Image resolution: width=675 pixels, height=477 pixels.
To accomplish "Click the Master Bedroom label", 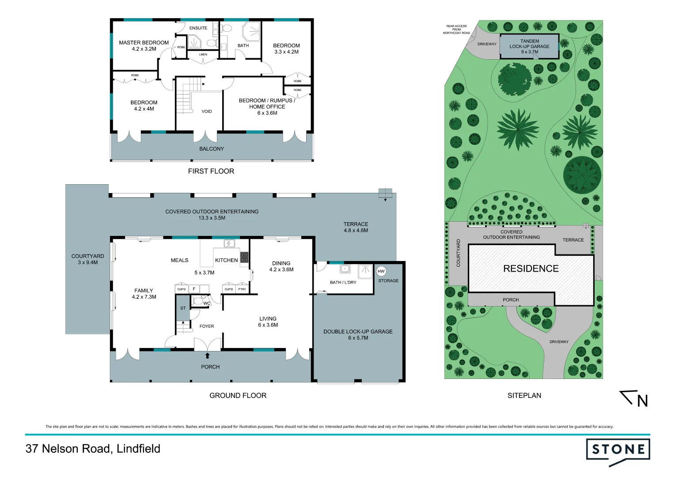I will tap(144, 46).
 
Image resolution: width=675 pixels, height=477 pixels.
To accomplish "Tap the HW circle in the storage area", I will tap(381, 271).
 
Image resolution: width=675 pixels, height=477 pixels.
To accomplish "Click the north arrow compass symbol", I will tap(635, 398).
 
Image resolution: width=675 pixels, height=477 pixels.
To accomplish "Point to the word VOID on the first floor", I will tap(207, 111).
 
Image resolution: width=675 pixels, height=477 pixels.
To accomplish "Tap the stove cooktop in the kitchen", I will tap(244, 257).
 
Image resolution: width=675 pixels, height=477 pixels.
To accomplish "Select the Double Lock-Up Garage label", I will tap(358, 335).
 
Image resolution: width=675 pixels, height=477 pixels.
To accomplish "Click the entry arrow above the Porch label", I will tap(207, 356).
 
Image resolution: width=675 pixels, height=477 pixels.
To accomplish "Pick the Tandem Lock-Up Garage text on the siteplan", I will tap(529, 46).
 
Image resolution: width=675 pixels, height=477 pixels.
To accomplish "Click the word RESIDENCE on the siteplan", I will tap(531, 269).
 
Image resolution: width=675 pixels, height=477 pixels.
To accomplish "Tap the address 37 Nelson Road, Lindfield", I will tap(93, 449).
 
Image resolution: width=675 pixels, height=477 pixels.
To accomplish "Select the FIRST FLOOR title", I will tap(211, 171).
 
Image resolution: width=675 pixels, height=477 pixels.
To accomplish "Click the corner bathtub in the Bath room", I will tap(251, 33).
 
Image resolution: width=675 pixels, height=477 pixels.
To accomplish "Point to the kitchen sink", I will tap(229, 243).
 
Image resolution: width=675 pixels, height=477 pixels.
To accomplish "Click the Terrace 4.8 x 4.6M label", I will tap(356, 227).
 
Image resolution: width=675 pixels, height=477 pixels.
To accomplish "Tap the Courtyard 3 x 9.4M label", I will tap(88, 259).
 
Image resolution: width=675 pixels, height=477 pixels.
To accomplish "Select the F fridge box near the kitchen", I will tap(194, 289).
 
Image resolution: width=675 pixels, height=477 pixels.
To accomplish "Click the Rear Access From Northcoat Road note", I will tap(456, 30).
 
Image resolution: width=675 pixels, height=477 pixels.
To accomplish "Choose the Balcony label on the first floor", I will tap(212, 149).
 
